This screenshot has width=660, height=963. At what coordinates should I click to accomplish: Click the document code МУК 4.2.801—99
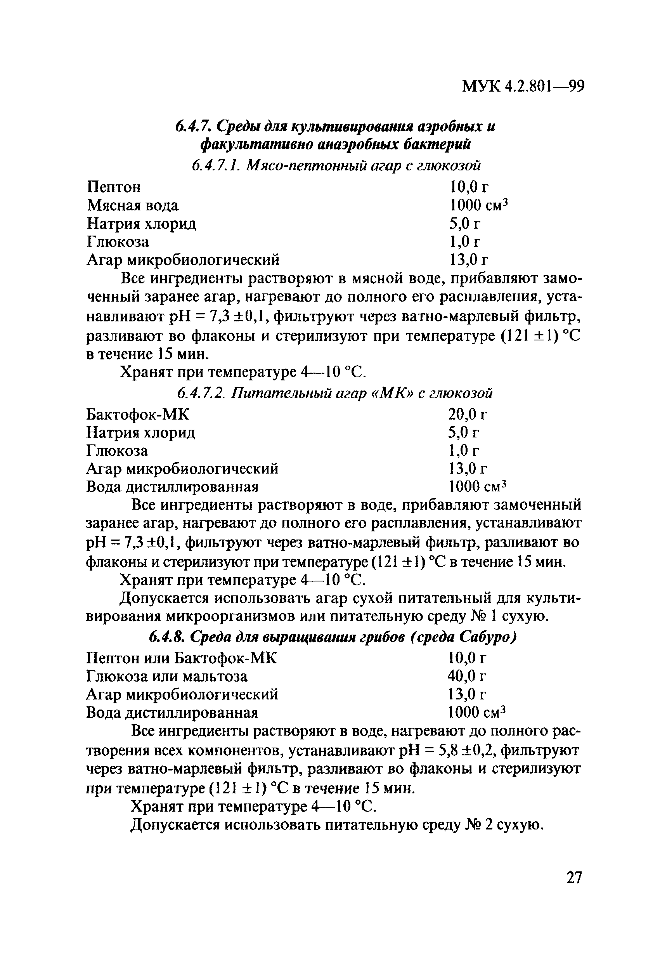523,86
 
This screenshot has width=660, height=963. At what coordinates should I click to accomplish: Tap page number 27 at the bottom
573,878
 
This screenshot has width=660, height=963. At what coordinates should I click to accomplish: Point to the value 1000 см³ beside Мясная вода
478,205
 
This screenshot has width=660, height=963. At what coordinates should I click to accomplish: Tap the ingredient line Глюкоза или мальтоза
166,677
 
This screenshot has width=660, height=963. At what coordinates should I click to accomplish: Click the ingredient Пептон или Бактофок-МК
182,658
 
